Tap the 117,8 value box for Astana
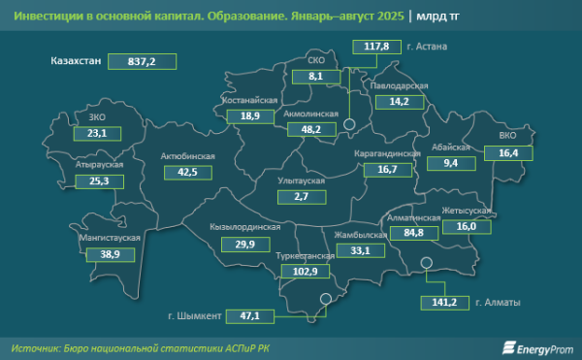click(x=376, y=46)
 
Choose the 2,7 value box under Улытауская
click(x=300, y=197)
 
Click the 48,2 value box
click(x=311, y=128)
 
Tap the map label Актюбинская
click(x=188, y=156)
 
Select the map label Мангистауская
click(x=109, y=237)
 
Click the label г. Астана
click(x=428, y=46)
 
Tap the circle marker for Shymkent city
click(x=326, y=300)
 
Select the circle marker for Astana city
click(x=355, y=122)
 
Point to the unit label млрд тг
click(x=438, y=16)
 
